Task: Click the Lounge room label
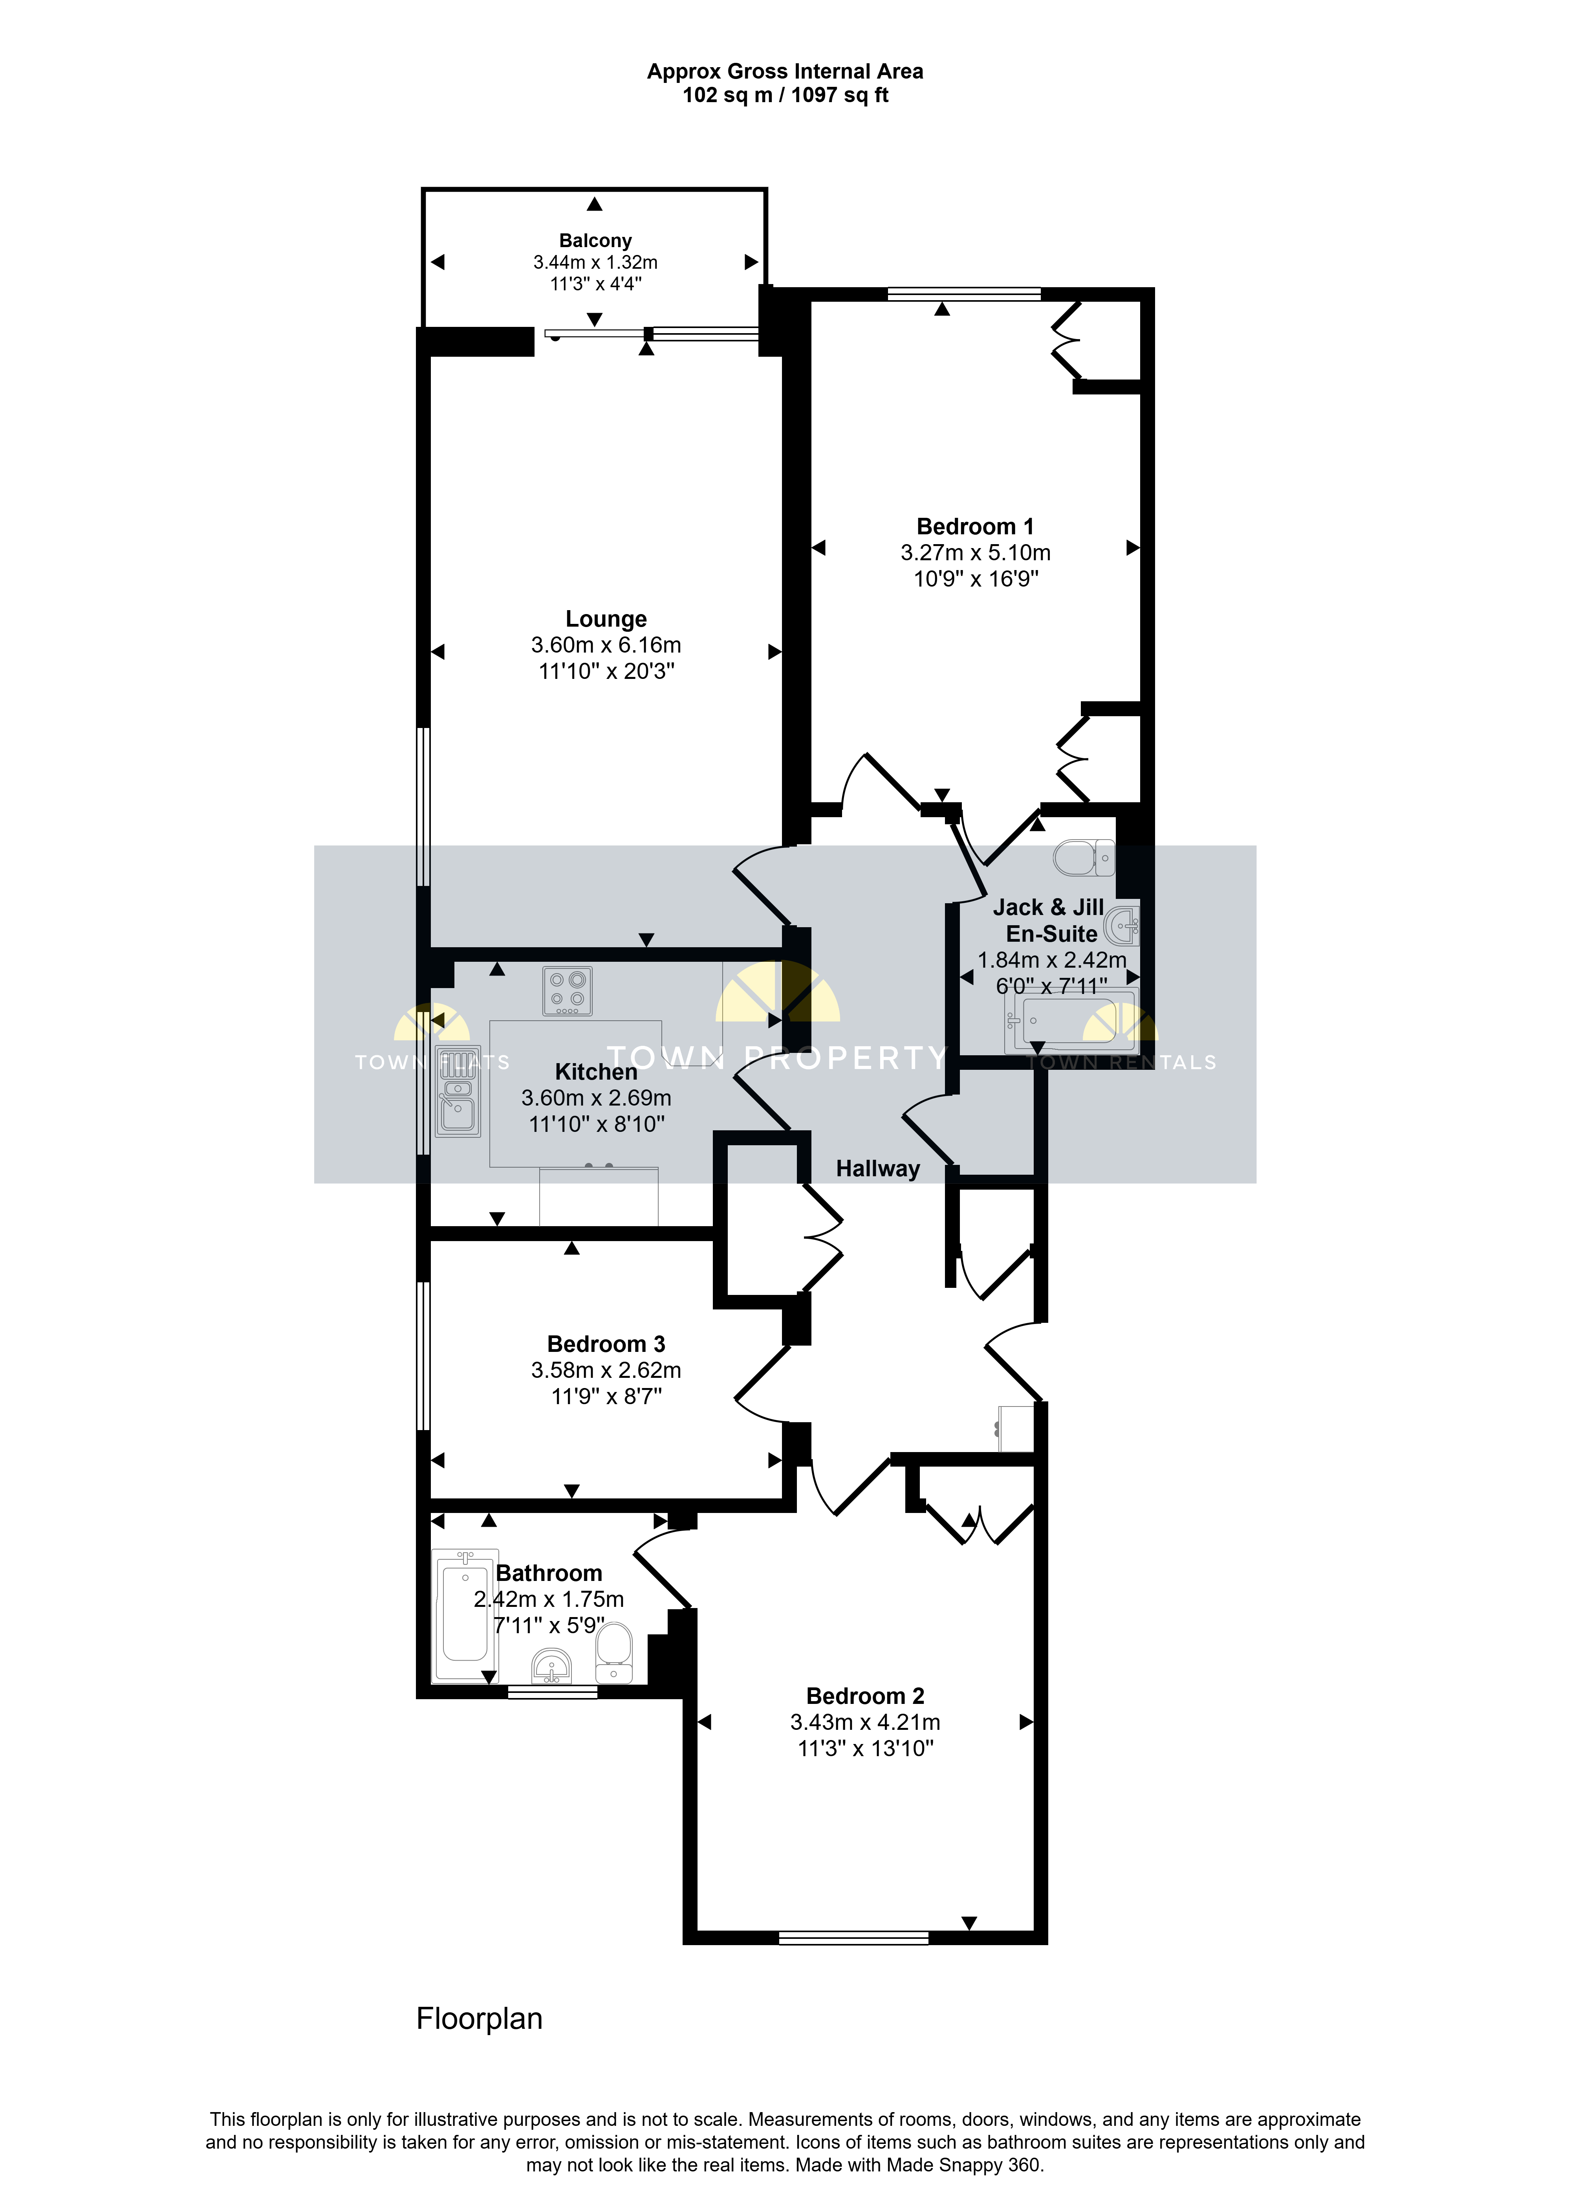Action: [x=606, y=619]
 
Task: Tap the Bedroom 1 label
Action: [x=975, y=527]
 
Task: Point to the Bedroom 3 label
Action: [x=606, y=1345]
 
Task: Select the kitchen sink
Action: [x=458, y=1090]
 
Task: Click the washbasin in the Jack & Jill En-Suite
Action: [x=1122, y=926]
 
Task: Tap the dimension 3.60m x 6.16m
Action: [x=606, y=645]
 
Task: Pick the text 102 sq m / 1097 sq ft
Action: [x=785, y=95]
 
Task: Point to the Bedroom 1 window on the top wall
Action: [x=965, y=294]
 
